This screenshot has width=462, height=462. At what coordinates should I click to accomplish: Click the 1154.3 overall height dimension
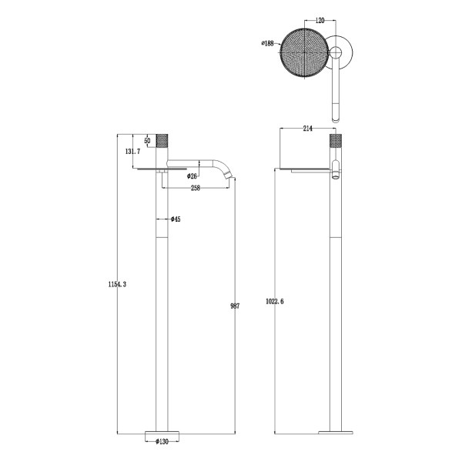(x=117, y=285)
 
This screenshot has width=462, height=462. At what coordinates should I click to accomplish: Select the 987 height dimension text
(x=236, y=306)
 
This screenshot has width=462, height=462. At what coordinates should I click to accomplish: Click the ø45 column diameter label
(x=176, y=220)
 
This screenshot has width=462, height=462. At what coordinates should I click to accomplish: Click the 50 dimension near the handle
(x=147, y=141)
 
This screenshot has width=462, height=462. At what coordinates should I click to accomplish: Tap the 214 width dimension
(x=306, y=127)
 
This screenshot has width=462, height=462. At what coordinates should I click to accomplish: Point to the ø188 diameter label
(x=268, y=43)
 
